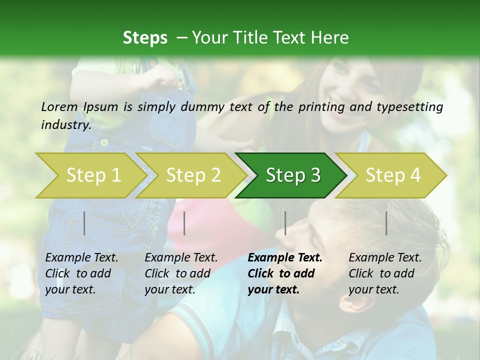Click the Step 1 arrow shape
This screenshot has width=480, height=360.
90,175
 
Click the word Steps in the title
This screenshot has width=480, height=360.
145,38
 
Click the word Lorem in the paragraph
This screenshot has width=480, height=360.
59,107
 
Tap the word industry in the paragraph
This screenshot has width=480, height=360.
65,124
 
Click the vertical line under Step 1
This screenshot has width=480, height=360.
84,223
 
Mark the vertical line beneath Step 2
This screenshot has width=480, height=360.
184,223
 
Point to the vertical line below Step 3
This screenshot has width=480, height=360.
285,223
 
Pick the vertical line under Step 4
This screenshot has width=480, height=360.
386,223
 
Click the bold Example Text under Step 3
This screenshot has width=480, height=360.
285,258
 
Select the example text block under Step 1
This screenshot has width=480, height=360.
81,273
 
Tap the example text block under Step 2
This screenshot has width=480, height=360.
180,273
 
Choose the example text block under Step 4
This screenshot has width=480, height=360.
384,273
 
